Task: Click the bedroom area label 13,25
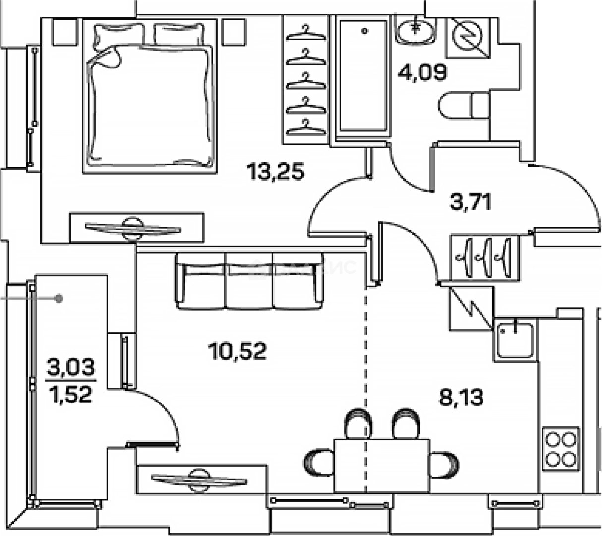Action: coord(275,172)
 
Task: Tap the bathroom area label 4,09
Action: coord(422,71)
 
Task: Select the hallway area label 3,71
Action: coord(471,202)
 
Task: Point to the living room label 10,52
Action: coord(238,351)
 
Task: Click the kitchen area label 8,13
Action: coord(461,397)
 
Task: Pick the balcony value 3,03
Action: coord(71,368)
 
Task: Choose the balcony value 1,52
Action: coord(71,395)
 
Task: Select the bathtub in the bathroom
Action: coord(362,77)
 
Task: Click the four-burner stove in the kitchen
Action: coord(561,449)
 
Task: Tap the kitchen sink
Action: coord(515,339)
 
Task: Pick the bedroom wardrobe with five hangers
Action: coord(306,79)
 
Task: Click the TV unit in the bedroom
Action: coord(136,228)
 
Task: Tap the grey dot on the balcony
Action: coord(59,298)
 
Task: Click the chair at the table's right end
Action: coord(443,465)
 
